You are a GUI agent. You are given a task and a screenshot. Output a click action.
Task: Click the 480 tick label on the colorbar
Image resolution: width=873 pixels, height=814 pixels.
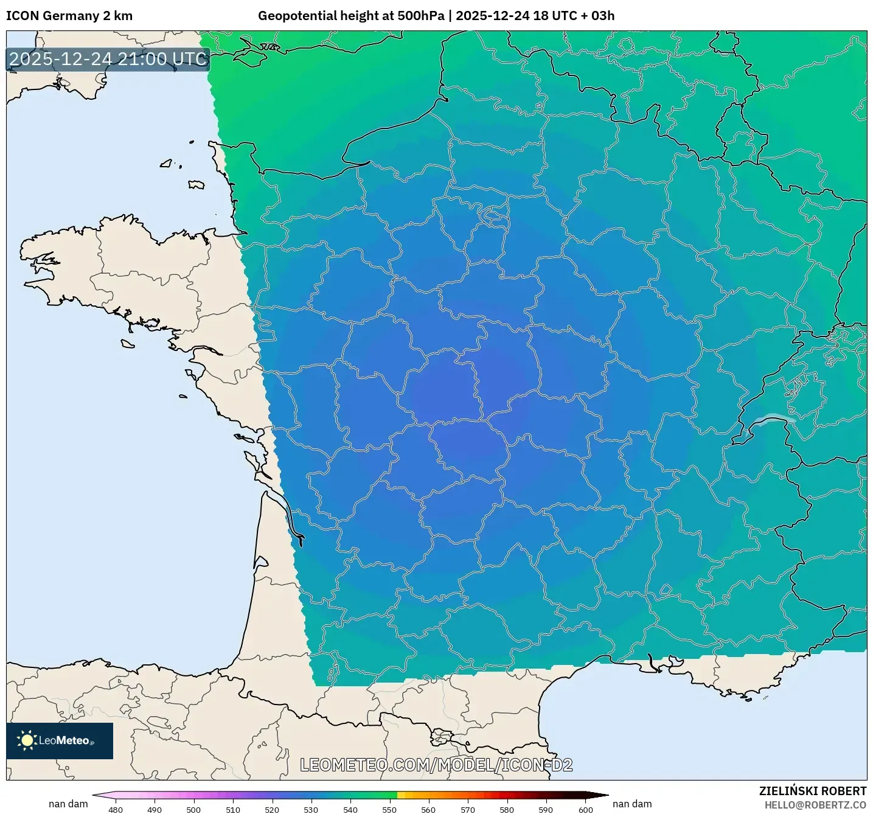(x=115, y=810)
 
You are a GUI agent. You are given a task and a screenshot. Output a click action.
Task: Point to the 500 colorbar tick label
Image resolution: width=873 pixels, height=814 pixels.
(x=193, y=810)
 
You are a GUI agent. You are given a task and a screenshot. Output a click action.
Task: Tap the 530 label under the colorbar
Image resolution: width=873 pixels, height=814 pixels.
(x=311, y=810)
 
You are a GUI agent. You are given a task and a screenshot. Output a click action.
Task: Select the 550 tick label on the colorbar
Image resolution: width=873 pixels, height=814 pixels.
(x=389, y=810)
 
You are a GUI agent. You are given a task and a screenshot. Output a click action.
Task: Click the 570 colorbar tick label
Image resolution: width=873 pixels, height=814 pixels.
(x=468, y=810)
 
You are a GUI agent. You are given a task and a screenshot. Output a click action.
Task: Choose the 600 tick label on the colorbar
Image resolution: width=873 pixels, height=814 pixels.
(x=585, y=810)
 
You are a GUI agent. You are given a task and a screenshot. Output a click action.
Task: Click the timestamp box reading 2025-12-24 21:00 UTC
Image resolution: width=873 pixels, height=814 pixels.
(x=108, y=59)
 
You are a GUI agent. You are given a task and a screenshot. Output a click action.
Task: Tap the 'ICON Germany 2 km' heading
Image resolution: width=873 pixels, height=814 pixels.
(x=69, y=16)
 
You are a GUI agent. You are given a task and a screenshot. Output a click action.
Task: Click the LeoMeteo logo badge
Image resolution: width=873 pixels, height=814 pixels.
(x=60, y=740)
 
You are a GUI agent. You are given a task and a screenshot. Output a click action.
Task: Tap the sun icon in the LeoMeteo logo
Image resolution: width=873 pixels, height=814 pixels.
(x=27, y=740)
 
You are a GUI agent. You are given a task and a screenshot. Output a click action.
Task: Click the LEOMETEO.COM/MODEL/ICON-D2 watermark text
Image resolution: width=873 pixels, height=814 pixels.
(x=436, y=765)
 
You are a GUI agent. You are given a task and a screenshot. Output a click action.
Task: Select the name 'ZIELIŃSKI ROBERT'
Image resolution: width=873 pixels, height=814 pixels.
(x=813, y=791)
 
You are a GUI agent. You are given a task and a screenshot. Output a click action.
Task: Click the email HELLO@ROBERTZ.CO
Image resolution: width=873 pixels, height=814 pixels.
(x=815, y=805)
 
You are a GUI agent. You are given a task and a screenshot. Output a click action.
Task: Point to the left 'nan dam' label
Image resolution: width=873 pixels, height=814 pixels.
(x=68, y=804)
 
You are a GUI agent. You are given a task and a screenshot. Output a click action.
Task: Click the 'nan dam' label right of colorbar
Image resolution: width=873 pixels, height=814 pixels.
(x=632, y=804)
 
